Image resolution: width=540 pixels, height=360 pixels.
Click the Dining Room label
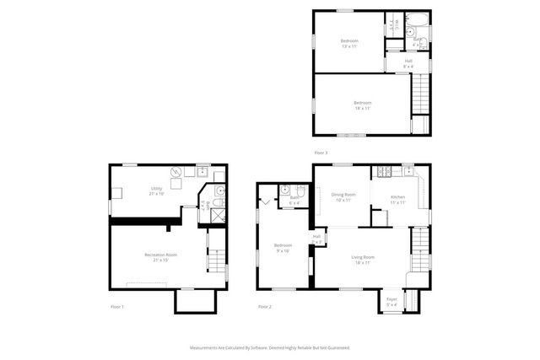tap(343, 196)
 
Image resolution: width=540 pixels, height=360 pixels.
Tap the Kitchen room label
tap(398, 199)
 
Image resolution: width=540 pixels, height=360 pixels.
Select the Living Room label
tap(363, 259)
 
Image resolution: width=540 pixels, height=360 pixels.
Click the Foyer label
tap(391, 301)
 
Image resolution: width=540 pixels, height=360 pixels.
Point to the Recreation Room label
tap(159, 256)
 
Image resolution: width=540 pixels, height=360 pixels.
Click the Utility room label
tap(157, 191)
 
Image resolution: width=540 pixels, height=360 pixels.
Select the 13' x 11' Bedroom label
tap(349, 43)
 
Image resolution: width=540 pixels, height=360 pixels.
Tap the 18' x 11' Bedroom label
tap(362, 105)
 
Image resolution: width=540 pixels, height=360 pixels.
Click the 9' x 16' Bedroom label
tap(283, 247)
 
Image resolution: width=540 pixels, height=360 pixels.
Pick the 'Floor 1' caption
tap(117, 306)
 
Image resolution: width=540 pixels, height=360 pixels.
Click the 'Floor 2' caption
tap(265, 306)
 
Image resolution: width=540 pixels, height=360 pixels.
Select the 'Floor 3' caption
tap(321, 153)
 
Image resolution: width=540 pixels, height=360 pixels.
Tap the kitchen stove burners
tap(385, 174)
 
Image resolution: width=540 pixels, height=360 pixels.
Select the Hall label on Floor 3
tap(408, 62)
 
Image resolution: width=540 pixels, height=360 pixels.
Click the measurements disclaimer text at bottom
tap(270, 347)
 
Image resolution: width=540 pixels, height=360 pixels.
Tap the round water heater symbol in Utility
tap(176, 173)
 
